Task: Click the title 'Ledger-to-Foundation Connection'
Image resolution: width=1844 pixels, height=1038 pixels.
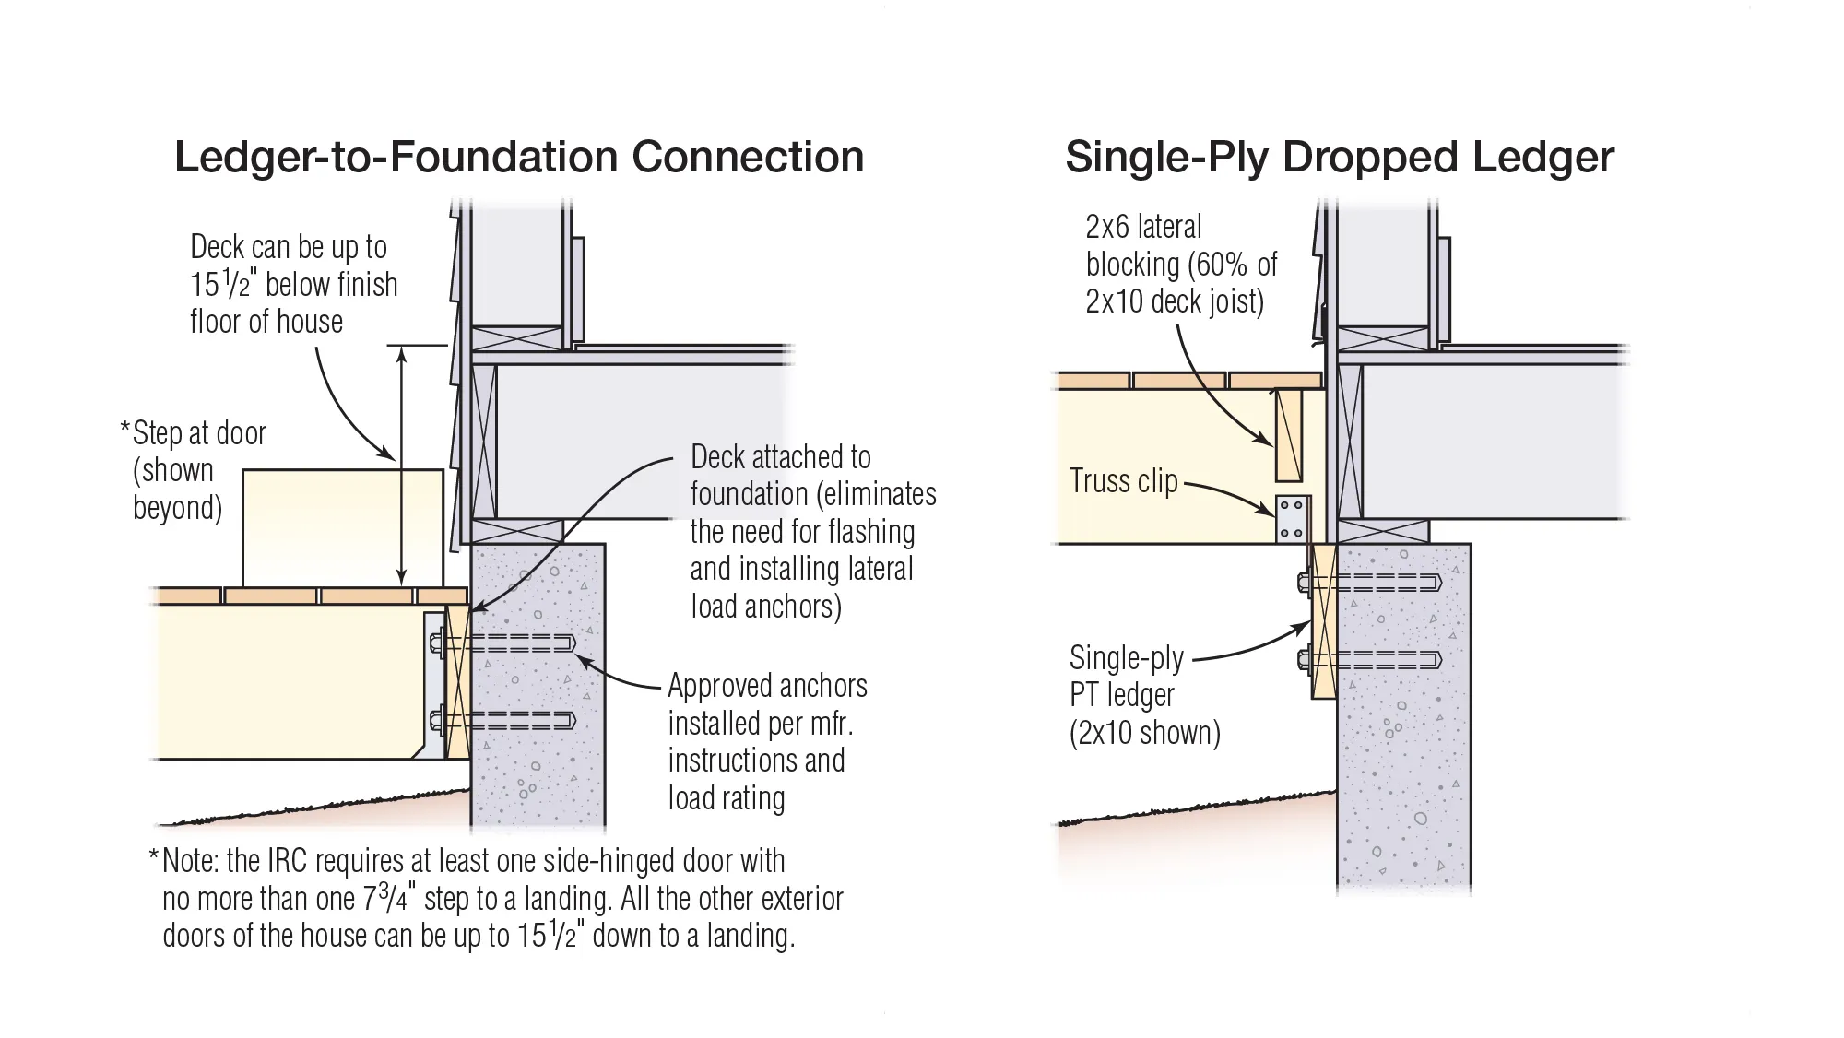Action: (x=519, y=157)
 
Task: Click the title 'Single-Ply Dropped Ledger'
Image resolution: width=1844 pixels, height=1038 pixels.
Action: (x=1339, y=157)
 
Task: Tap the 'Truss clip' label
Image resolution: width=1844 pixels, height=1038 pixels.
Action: (x=1123, y=481)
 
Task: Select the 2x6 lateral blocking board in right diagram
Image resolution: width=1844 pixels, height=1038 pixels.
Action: (x=1288, y=434)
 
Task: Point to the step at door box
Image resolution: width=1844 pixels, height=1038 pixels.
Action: (x=343, y=527)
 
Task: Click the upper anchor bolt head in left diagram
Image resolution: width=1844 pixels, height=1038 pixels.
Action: (x=437, y=643)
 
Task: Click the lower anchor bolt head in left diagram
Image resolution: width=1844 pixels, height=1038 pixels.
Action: (x=437, y=720)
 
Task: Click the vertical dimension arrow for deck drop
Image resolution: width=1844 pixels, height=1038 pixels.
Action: (x=401, y=466)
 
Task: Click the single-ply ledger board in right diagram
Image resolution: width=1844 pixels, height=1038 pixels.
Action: (x=1322, y=621)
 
